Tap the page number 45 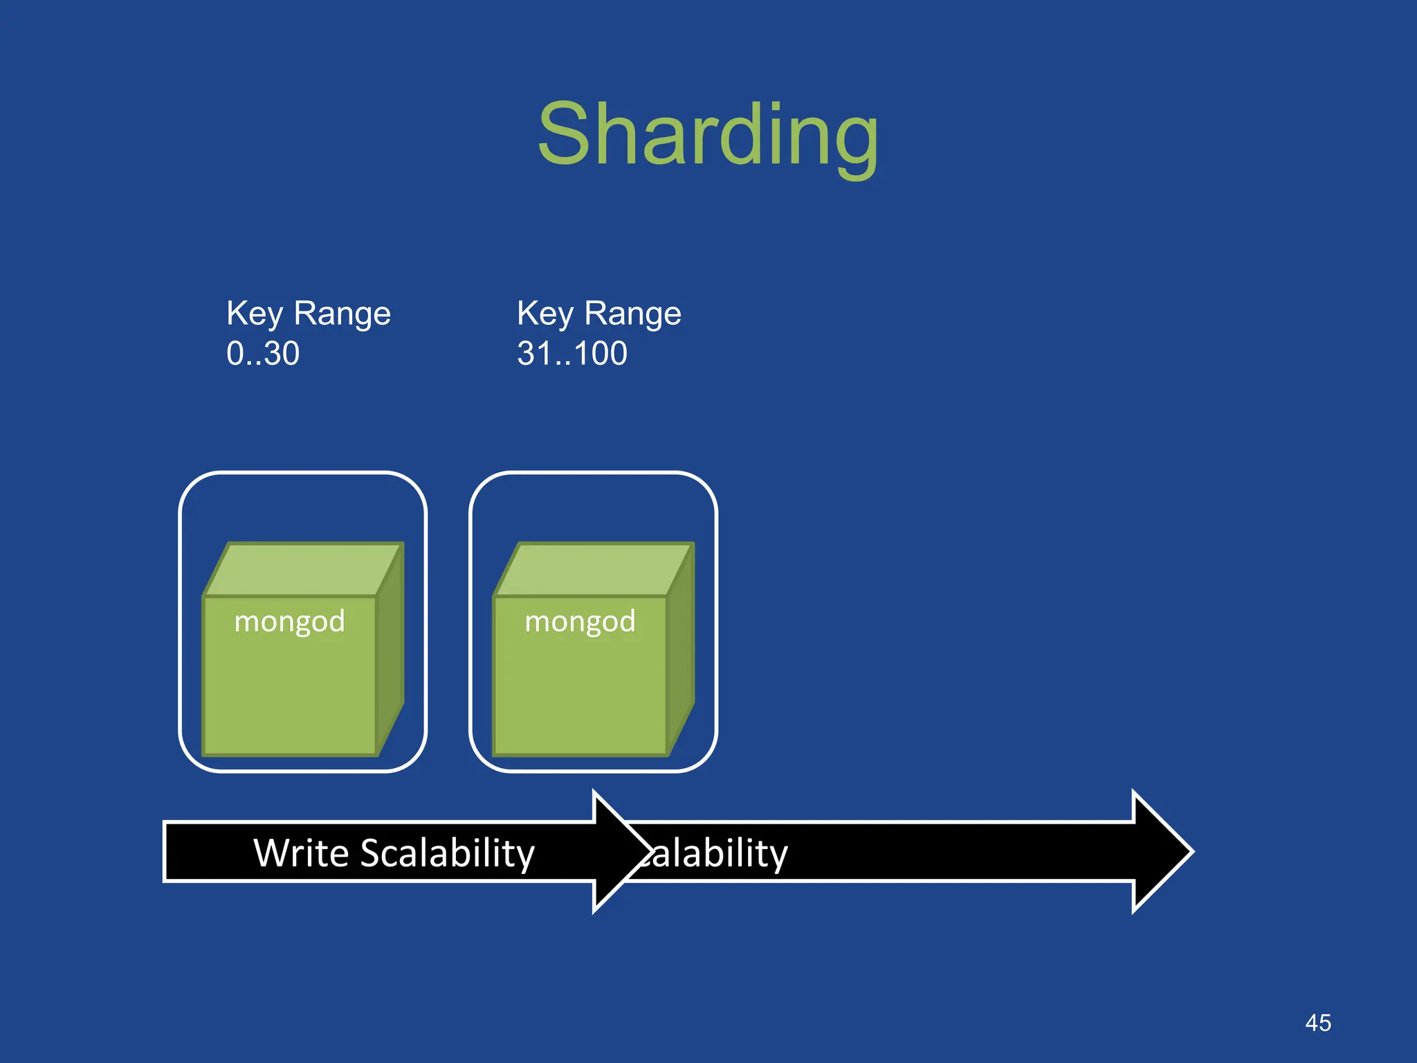click(x=1317, y=1023)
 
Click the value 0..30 click(x=263, y=354)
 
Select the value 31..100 click(x=572, y=354)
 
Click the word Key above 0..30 click(x=255, y=314)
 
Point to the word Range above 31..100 click(x=632, y=314)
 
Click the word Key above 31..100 click(x=545, y=314)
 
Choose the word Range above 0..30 click(x=342, y=314)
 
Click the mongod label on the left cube click(x=289, y=621)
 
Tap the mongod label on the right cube click(x=580, y=621)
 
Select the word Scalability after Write click(x=447, y=853)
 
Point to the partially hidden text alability click(x=716, y=853)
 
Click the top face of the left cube click(x=303, y=569)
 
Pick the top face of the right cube click(x=594, y=569)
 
